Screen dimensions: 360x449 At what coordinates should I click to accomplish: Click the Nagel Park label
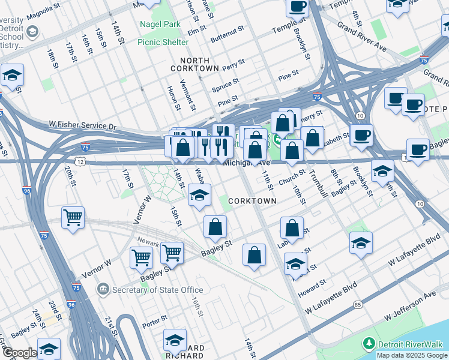[x=160, y=25]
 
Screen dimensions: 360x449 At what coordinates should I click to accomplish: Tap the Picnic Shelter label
[x=163, y=42]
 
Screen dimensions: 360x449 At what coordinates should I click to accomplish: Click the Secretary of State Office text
[x=151, y=290]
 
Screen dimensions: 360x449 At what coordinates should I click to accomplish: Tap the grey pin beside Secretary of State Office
[x=103, y=290]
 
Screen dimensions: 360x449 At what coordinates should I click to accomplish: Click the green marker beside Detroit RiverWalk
[x=369, y=344]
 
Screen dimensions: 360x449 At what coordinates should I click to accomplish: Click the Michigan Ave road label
[x=244, y=163]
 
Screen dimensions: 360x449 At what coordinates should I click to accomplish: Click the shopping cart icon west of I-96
[x=73, y=217]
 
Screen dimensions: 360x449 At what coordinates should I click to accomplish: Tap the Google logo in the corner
[x=19, y=353]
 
